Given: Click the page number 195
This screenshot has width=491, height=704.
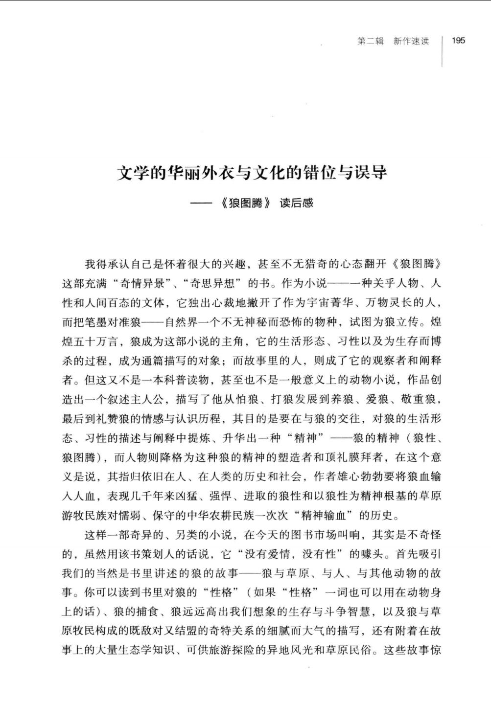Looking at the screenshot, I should (459, 41).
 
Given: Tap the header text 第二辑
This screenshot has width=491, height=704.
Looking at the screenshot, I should (371, 41).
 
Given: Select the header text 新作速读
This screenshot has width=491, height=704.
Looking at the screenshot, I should (411, 41).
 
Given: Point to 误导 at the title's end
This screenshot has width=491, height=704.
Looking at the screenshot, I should (373, 173).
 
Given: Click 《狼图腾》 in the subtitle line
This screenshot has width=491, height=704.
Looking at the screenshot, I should (246, 203).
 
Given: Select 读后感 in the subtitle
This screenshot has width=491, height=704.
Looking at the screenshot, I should (296, 203).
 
